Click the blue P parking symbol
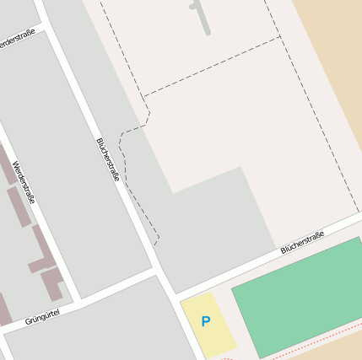coord(205,322)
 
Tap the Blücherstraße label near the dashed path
coord(108,159)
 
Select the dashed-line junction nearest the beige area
coord(280,36)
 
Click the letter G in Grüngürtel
coord(28,322)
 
